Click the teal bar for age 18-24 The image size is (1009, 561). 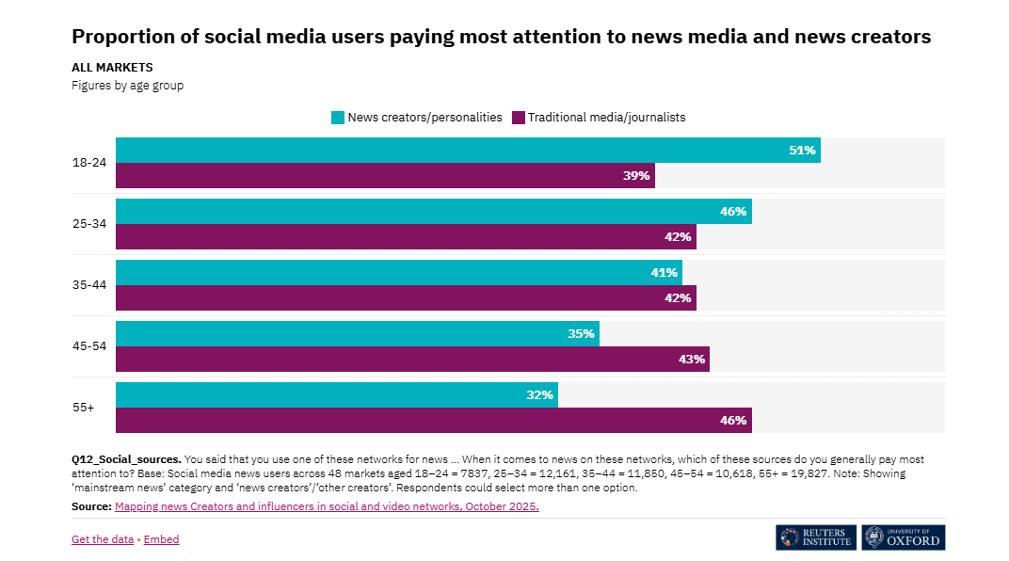(x=468, y=150)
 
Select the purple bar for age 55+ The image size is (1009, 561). (x=433, y=421)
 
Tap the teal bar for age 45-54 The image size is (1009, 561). (x=358, y=334)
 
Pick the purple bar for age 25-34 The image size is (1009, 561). (x=406, y=236)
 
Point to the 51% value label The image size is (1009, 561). (x=802, y=150)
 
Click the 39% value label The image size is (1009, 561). (x=636, y=176)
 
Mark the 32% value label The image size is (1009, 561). (x=539, y=395)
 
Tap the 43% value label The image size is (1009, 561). (x=692, y=360)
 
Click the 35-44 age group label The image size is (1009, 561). (x=89, y=285)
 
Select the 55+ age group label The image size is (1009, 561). (x=83, y=408)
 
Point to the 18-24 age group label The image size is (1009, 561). (x=89, y=163)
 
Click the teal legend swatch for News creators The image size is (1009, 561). (x=337, y=118)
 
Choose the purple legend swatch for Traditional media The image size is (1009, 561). (x=518, y=118)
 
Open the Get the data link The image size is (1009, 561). (x=103, y=539)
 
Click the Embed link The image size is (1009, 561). (x=161, y=539)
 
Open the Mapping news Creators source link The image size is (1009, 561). (x=327, y=506)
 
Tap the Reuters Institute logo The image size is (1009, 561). (x=815, y=537)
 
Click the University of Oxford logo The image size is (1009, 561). (x=904, y=537)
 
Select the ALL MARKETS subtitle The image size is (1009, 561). (x=112, y=68)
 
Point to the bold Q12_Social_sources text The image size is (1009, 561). (x=125, y=459)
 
